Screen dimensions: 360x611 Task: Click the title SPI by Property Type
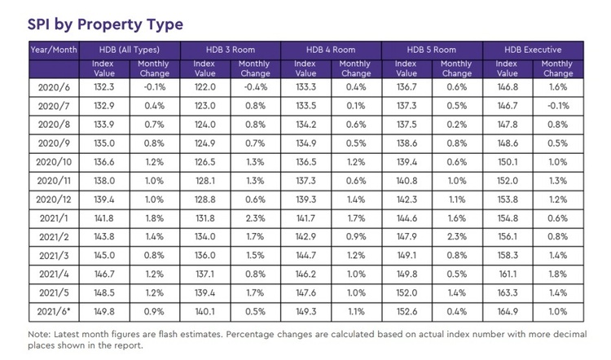pyautogui.click(x=105, y=24)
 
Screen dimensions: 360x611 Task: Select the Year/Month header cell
pyautogui.click(x=54, y=50)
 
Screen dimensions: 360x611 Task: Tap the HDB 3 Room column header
pyautogui.click(x=231, y=50)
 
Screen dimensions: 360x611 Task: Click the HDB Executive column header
pyautogui.click(x=534, y=50)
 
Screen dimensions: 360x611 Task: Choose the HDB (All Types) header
pyautogui.click(x=130, y=50)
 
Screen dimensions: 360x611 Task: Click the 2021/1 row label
pyautogui.click(x=54, y=219)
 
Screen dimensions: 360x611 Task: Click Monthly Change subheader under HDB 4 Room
pyautogui.click(x=354, y=68)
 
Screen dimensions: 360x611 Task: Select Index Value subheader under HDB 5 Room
pyautogui.click(x=407, y=68)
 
